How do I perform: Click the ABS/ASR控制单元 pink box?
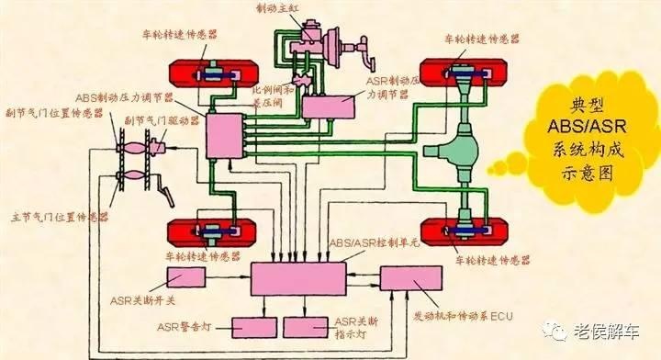coord(298,277)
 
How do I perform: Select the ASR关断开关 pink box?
coord(181,278)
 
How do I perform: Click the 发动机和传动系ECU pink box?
coord(409,278)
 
